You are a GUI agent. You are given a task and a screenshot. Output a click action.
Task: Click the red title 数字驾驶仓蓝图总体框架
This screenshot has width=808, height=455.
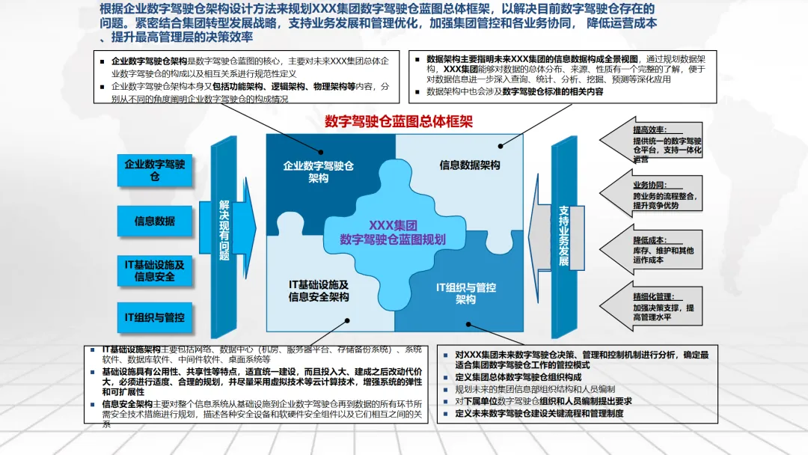[399, 121]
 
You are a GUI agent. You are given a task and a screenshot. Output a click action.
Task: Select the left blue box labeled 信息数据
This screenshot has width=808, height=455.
[155, 221]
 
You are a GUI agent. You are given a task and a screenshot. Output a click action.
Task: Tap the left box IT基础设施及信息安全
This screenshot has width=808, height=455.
[155, 270]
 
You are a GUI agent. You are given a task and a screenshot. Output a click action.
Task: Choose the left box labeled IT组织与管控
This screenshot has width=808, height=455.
[155, 317]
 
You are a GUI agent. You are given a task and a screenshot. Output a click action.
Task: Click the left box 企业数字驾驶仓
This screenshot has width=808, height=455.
[155, 170]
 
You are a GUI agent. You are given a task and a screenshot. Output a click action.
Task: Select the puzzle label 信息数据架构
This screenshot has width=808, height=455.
[470, 165]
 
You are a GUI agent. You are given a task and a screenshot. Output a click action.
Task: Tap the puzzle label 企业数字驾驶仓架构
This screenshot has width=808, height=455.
[318, 172]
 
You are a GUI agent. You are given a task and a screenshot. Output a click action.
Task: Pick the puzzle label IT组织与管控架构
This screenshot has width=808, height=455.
[465, 293]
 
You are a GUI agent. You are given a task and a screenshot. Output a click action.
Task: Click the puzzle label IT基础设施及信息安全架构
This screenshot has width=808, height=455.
[319, 290]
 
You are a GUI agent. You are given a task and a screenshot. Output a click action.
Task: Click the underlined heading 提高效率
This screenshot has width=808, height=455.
[649, 130]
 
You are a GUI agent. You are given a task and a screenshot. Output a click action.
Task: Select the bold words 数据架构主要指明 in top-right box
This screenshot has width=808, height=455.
[462, 58]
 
